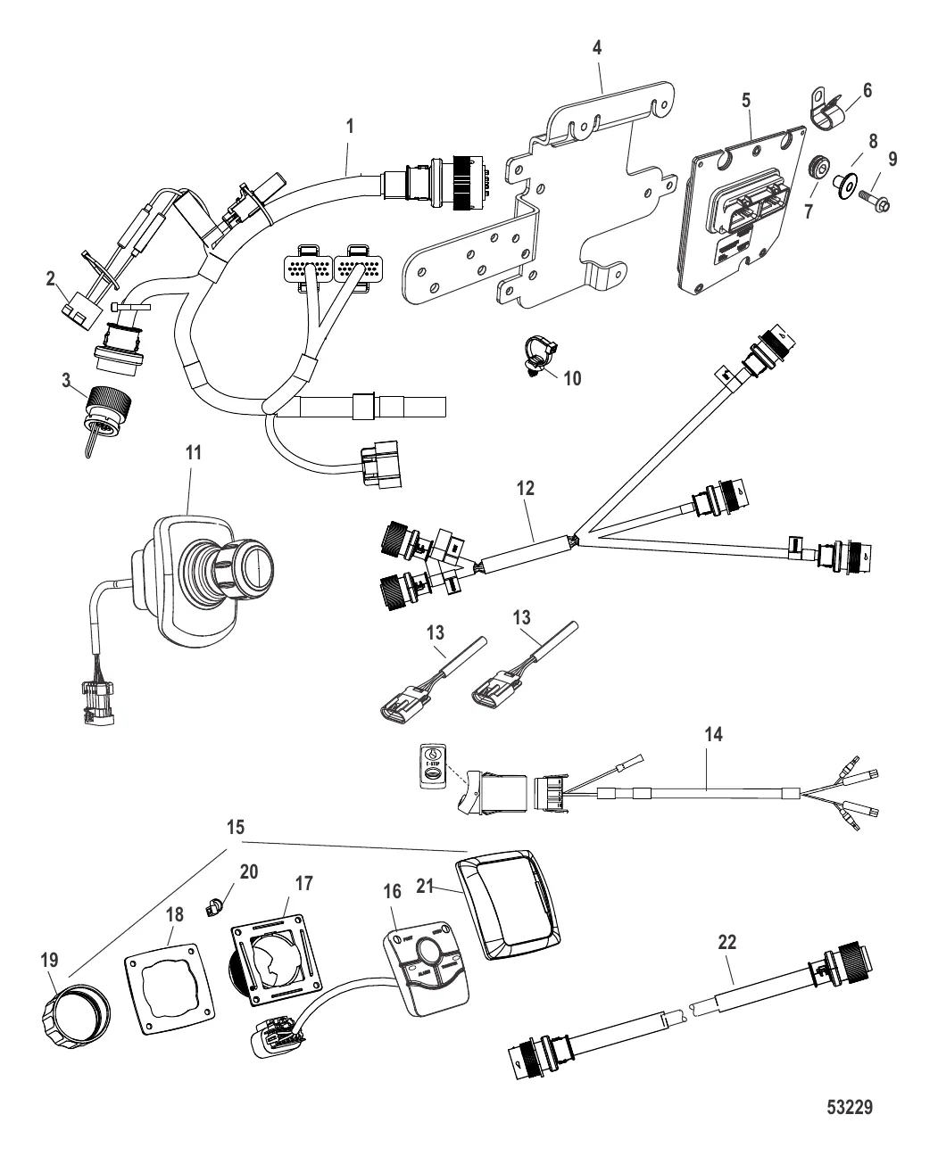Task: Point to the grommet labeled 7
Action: coord(814,169)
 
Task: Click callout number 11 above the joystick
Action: coord(193,452)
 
